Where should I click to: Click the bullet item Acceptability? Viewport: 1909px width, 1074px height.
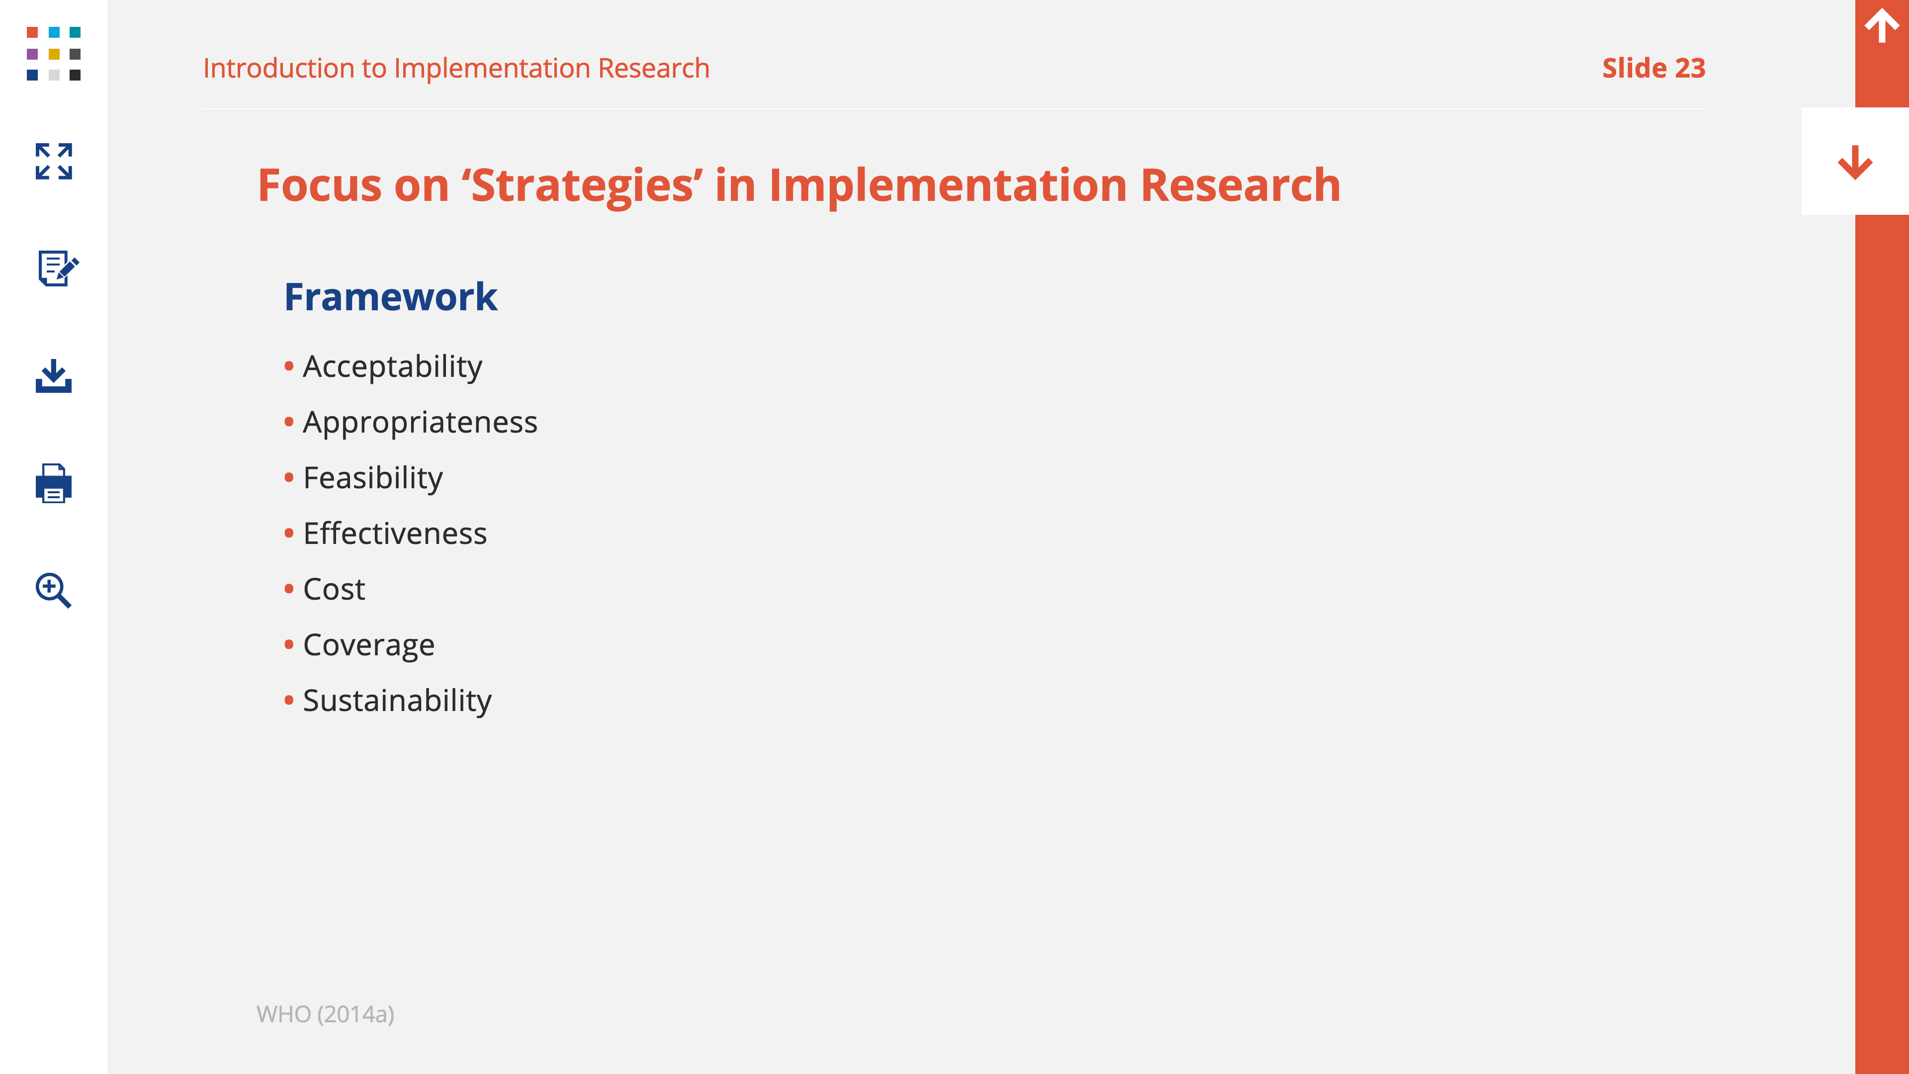[x=392, y=367]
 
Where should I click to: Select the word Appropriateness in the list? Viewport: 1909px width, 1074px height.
[x=420, y=423]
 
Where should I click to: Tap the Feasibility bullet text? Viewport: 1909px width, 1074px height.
[x=373, y=478]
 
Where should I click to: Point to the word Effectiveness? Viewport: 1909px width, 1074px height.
[x=395, y=534]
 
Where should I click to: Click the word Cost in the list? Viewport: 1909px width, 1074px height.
[x=334, y=589]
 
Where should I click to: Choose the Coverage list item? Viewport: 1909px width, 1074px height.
[x=369, y=645]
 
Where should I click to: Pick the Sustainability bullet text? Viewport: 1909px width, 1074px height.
[x=397, y=701]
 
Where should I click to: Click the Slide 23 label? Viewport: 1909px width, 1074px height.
[x=1653, y=68]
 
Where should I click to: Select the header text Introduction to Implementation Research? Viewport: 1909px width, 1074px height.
[x=456, y=68]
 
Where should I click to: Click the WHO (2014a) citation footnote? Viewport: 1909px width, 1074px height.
[x=325, y=1014]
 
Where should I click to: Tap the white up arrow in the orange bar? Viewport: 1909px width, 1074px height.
[x=1882, y=26]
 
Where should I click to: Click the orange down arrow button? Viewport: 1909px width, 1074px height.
[x=1855, y=162]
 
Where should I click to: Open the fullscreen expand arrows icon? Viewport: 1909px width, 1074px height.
[x=53, y=162]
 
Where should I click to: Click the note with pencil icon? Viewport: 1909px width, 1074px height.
[x=58, y=268]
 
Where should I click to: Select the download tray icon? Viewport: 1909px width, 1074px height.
[x=53, y=376]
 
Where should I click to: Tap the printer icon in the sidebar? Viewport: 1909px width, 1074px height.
[x=53, y=483]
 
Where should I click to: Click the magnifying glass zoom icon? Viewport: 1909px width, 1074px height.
[x=53, y=591]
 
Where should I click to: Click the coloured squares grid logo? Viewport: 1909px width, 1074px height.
[x=53, y=53]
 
